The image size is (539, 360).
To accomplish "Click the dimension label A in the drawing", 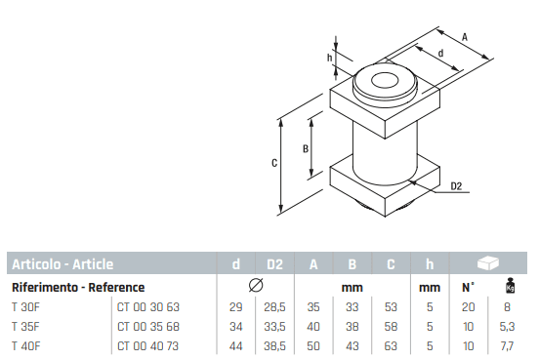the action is click(465, 37).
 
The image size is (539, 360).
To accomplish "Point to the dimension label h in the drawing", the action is click(330, 58).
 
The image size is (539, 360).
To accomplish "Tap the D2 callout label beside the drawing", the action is click(456, 186).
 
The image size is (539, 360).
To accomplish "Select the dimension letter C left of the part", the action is click(274, 163).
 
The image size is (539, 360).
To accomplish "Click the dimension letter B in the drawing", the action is click(306, 148).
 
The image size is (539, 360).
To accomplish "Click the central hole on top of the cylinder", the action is click(385, 81).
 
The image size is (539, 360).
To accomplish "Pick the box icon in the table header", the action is click(488, 263).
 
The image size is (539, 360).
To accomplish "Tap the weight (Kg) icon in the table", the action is click(510, 286).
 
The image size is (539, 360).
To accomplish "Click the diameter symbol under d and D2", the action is click(256, 286).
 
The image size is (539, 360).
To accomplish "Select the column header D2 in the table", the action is click(274, 264).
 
